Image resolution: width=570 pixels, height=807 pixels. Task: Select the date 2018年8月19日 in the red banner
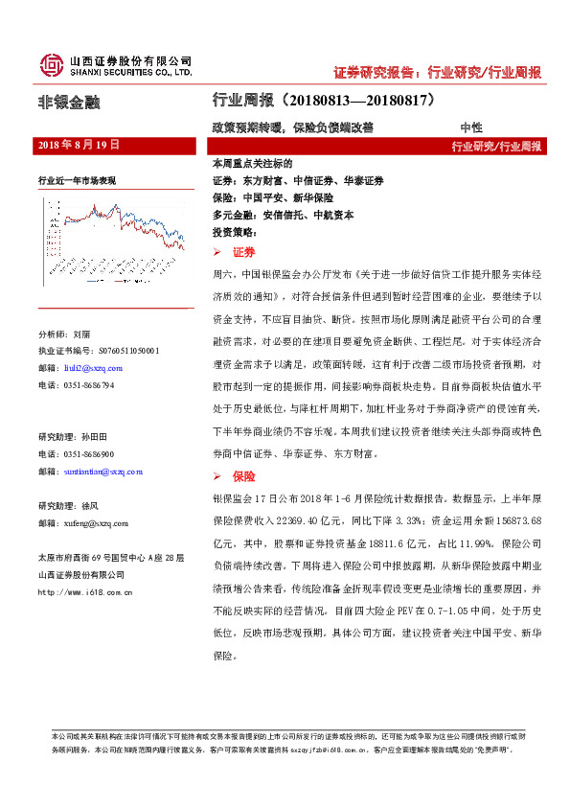coord(79,145)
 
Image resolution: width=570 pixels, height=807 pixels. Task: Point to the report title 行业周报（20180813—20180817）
coord(324,100)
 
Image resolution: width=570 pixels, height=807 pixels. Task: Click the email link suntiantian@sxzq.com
coord(100,472)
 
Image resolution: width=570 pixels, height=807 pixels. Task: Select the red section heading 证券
coord(243,251)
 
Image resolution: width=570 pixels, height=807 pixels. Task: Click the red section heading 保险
coord(243,475)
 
